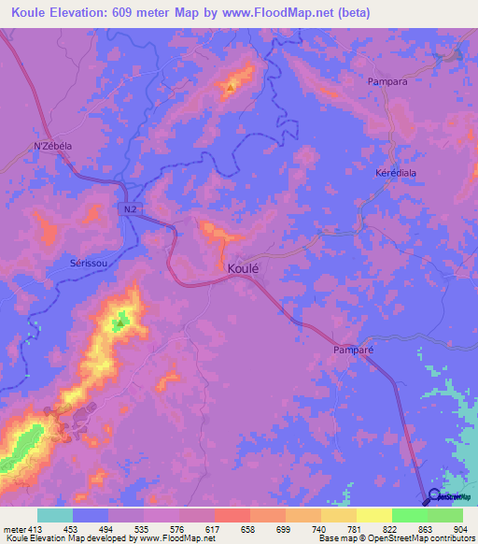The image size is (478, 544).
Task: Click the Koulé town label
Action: pyautogui.click(x=243, y=267)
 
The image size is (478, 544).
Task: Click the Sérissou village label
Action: pyautogui.click(x=92, y=264)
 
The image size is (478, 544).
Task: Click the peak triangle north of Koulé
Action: pyautogui.click(x=230, y=89)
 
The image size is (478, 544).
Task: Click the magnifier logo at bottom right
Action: pyautogui.click(x=436, y=497)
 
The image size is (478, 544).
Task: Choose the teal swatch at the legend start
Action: pyautogui.click(x=55, y=515)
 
